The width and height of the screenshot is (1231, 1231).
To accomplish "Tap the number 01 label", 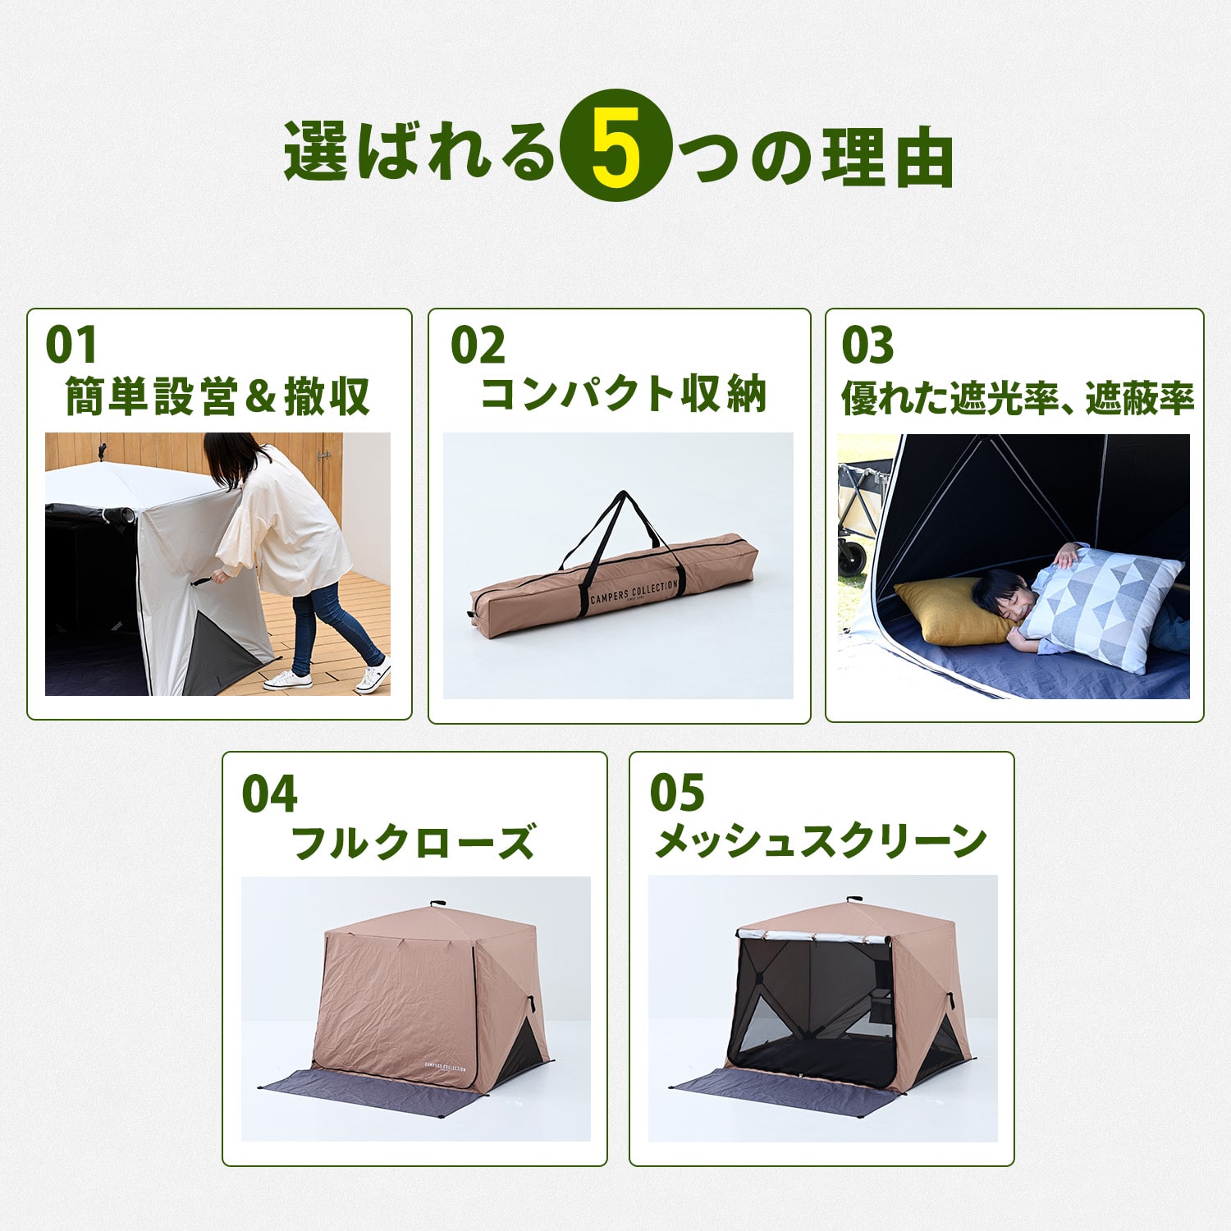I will [71, 345].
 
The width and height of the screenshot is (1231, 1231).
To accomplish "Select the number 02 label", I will [478, 345].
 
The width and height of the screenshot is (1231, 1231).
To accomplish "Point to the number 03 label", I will [867, 345].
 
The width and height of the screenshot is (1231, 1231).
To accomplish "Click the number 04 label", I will [268, 794].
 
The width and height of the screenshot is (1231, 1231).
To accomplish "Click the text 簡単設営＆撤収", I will [217, 396].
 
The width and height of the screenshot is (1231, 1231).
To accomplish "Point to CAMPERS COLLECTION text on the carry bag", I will [634, 593].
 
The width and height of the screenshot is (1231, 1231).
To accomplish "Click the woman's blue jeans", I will [328, 624].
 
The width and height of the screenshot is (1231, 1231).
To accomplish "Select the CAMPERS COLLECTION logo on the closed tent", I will [445, 1068].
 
